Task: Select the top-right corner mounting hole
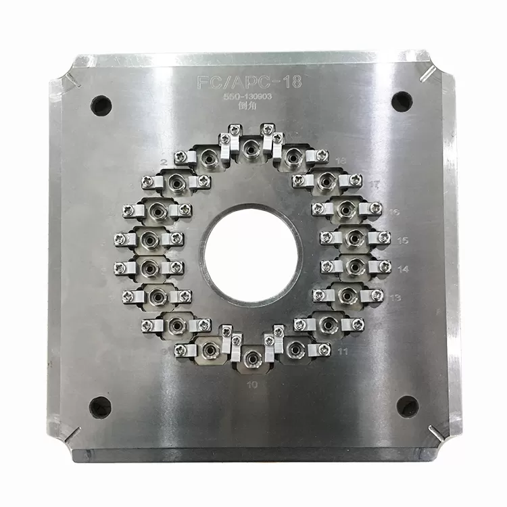(401, 100)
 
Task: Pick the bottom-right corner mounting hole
(407, 406)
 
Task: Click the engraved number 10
(253, 385)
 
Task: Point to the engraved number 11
(343, 352)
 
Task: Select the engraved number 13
(395, 297)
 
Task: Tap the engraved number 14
(403, 269)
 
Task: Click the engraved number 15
(403, 240)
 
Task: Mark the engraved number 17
(376, 184)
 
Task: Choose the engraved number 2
(164, 163)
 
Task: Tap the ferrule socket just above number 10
(252, 356)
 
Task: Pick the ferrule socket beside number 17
(327, 180)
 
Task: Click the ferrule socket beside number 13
(347, 295)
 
